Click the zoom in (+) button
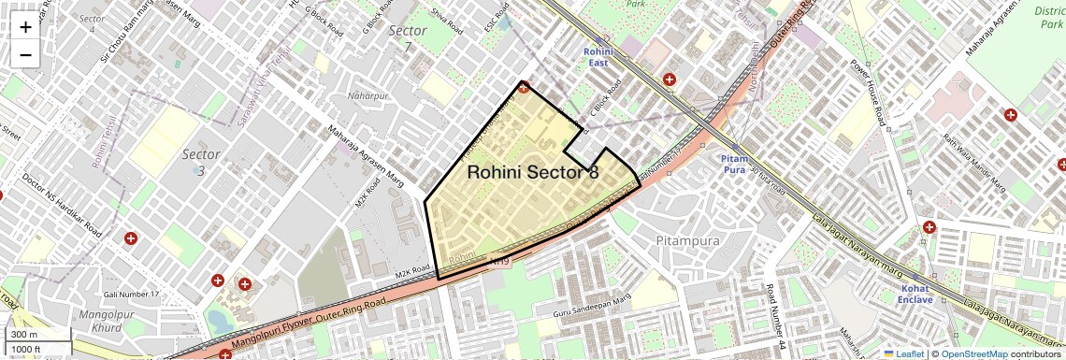coord(25,27)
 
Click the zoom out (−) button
coord(25,54)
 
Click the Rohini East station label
coord(598,56)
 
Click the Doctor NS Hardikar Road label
coord(62,204)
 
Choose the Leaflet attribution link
coord(903,353)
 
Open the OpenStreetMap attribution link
coord(973,353)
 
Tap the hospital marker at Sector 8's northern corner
coord(524,89)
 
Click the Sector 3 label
coord(201,162)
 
